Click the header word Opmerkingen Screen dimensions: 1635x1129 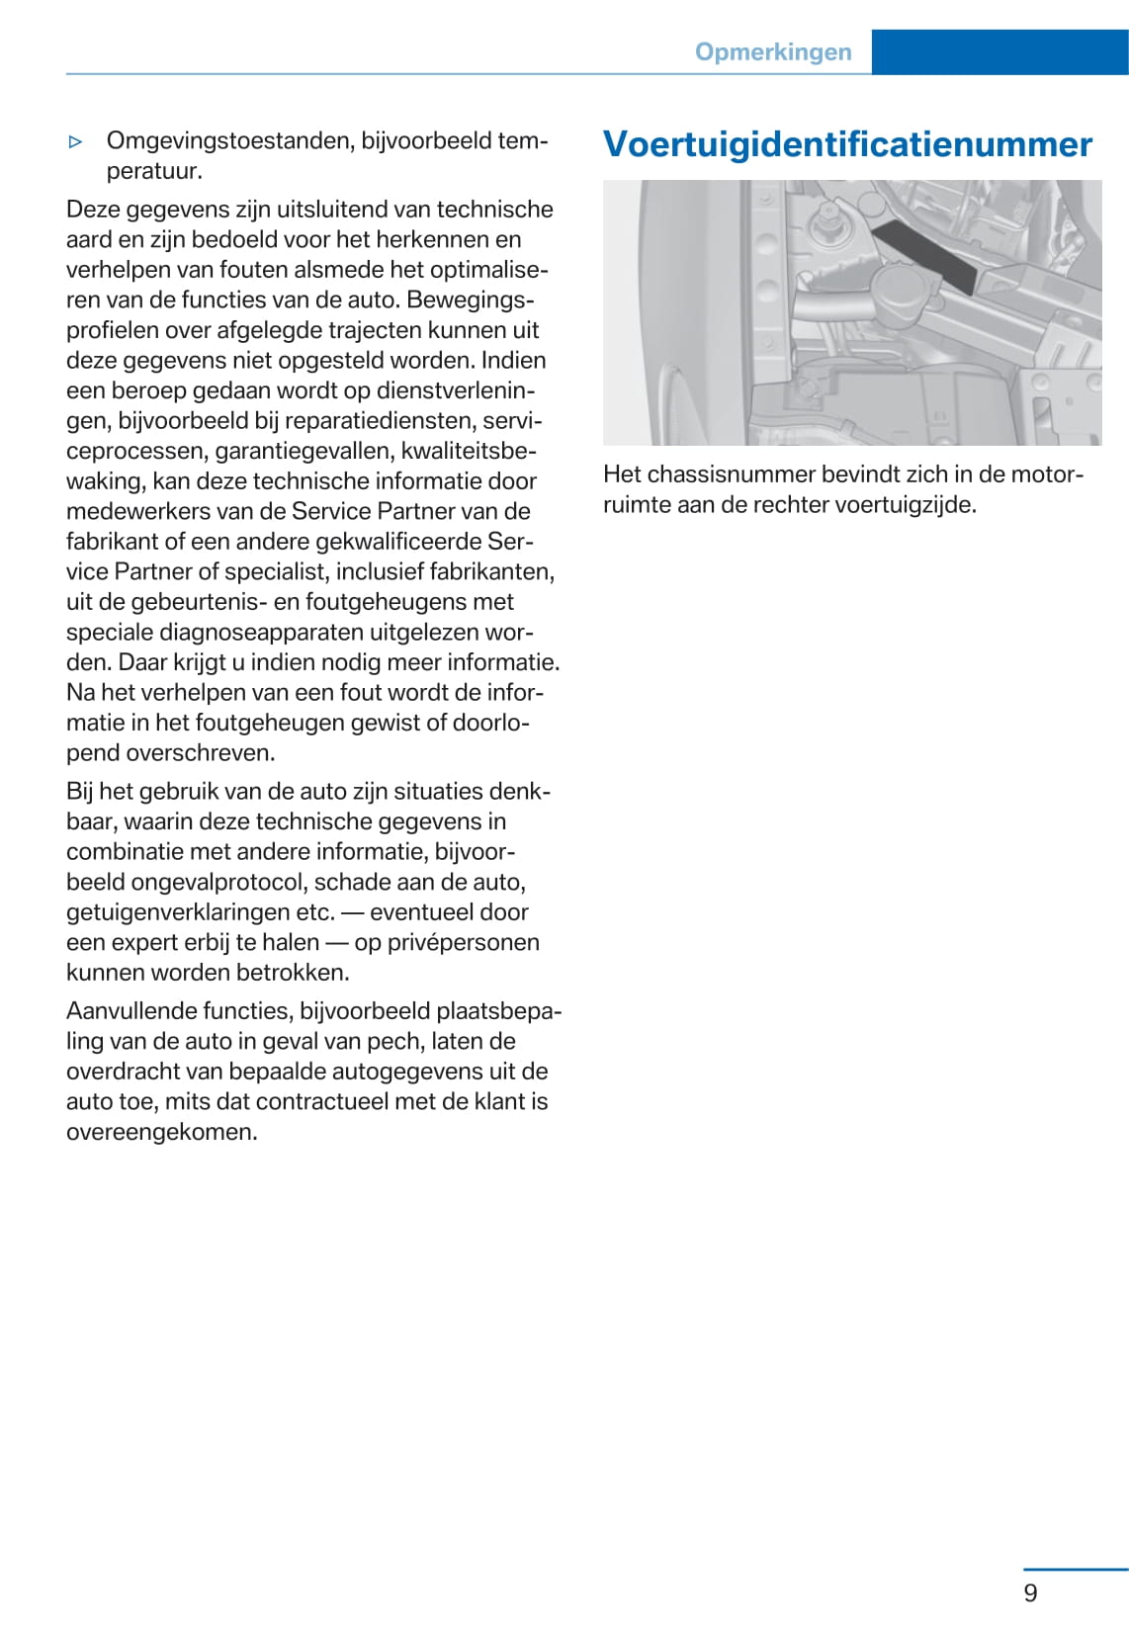click(772, 52)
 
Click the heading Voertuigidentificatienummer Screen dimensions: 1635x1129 click(847, 144)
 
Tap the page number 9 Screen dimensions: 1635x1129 click(1030, 1592)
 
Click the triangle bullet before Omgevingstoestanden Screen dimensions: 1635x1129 click(76, 142)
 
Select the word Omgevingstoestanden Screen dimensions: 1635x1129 click(229, 141)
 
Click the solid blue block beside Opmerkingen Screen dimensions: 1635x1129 click(999, 52)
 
